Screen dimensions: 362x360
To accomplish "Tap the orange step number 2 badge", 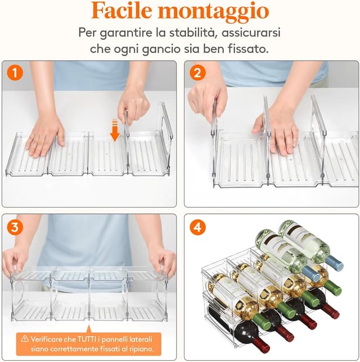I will (x=197, y=73).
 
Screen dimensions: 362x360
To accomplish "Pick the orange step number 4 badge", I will (x=197, y=228).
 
